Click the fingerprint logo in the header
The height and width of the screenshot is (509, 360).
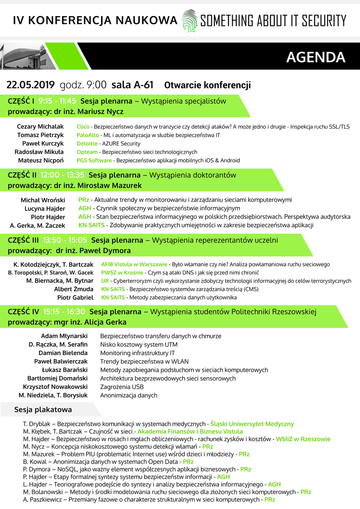click(x=189, y=21)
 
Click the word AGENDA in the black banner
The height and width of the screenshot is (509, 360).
click(x=315, y=57)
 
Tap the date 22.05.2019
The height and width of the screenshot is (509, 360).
click(x=31, y=85)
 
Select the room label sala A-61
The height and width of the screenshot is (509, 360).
click(x=132, y=85)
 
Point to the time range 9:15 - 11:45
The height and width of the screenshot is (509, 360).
click(x=57, y=101)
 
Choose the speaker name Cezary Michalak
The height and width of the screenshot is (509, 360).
click(x=40, y=127)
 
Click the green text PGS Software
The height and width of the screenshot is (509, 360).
click(x=94, y=161)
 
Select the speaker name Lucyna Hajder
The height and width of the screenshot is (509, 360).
click(x=45, y=209)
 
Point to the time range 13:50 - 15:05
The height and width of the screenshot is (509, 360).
click(x=65, y=240)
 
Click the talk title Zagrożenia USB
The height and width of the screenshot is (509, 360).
click(x=122, y=387)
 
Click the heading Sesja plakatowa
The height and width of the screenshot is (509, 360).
click(x=43, y=410)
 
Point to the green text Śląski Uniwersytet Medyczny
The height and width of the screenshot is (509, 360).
click(x=252, y=424)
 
